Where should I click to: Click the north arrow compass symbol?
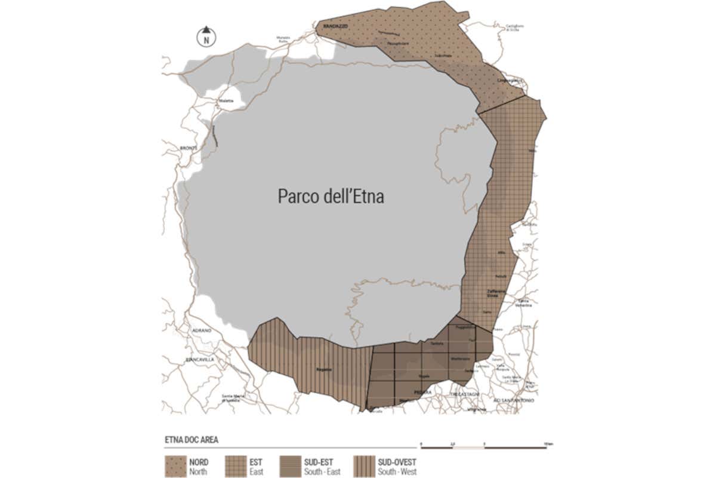(x=206, y=37)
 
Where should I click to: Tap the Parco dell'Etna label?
(x=331, y=196)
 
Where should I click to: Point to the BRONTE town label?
(x=188, y=147)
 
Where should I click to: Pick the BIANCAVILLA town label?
(x=200, y=360)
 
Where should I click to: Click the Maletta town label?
(x=226, y=102)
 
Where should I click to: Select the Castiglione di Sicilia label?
(x=514, y=27)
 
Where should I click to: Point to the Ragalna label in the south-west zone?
(x=325, y=368)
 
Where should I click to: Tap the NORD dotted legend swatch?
(x=175, y=465)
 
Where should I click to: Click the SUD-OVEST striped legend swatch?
(x=363, y=465)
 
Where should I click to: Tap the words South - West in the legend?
(x=397, y=472)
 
